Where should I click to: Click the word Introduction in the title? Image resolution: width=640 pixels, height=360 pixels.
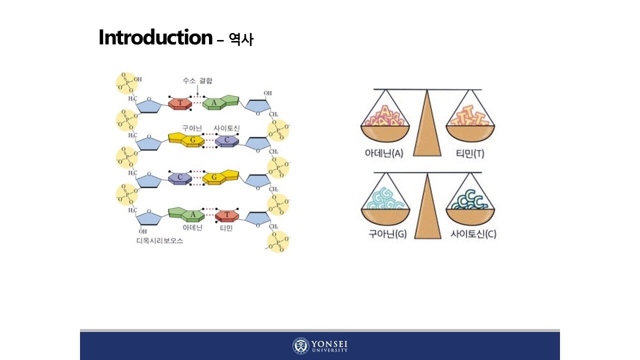(155, 37)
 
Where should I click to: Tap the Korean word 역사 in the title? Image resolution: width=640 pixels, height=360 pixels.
(241, 39)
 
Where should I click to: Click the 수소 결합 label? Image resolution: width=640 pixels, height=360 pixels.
(197, 81)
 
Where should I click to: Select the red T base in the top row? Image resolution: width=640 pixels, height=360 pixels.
(179, 103)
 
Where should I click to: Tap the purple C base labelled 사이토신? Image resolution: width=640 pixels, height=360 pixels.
(227, 140)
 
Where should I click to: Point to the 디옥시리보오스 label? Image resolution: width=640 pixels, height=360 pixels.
(160, 240)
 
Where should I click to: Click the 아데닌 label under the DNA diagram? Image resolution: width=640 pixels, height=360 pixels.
(192, 228)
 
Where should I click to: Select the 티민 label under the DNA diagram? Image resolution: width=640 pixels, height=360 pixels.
(226, 228)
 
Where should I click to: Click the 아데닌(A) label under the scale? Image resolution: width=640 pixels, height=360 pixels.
(384, 153)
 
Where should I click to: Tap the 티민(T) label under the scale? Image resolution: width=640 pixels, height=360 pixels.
(470, 153)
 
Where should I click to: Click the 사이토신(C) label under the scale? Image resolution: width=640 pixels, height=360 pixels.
(473, 233)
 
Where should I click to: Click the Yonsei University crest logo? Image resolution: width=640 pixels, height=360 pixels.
(300, 346)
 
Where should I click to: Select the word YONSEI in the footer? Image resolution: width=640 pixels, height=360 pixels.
(329, 344)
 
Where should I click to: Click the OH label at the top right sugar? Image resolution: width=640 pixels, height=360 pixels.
(268, 93)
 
